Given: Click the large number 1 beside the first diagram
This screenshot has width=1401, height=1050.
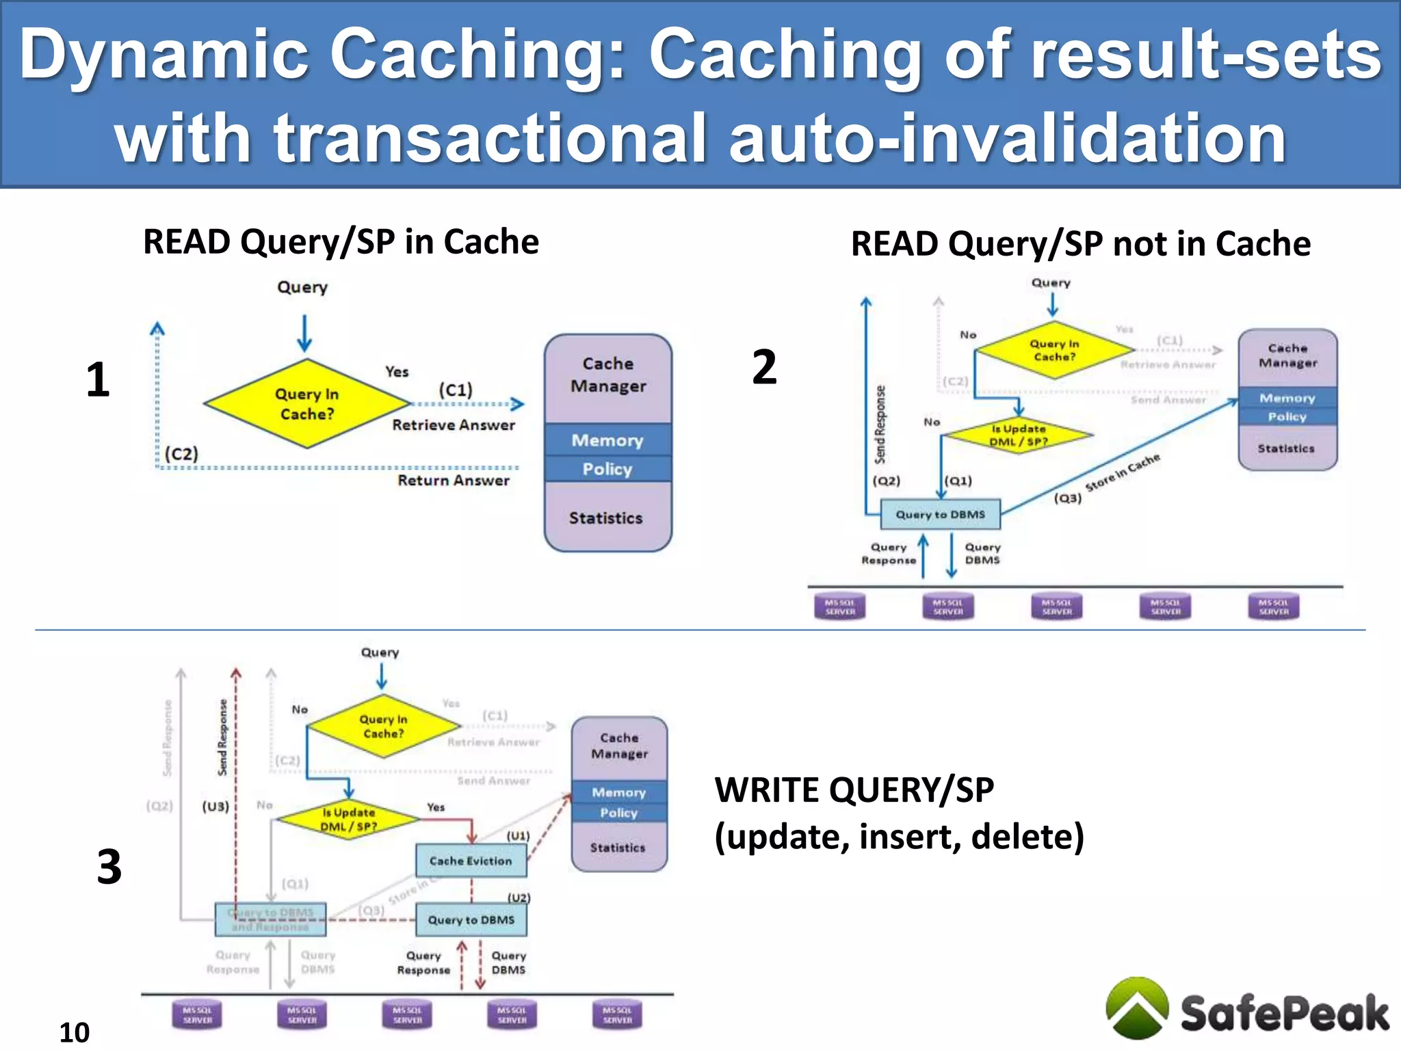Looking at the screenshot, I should tap(98, 380).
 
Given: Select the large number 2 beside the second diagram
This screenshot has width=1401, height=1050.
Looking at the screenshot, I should tap(764, 367).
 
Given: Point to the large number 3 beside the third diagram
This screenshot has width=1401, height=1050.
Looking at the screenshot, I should tap(109, 867).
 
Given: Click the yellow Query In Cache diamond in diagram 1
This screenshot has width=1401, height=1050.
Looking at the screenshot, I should tap(306, 404).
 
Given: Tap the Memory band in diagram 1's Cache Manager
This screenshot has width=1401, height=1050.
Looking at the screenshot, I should tap(607, 440).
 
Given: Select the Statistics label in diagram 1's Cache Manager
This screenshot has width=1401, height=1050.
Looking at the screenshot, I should tap(606, 518).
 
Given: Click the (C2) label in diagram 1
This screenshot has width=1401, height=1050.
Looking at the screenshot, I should tap(181, 454).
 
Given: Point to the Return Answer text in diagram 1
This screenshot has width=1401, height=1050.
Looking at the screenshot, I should tap(454, 481).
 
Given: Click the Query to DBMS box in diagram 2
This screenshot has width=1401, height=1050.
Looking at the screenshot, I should tap(940, 515).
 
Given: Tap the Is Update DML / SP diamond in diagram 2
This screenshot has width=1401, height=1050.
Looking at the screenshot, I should tap(1019, 435).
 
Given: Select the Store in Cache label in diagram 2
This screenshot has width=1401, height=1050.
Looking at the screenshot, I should tap(1123, 472).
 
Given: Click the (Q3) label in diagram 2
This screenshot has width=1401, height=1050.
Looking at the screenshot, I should tap(1067, 498).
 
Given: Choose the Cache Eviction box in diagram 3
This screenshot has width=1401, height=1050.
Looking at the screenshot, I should tap(471, 861).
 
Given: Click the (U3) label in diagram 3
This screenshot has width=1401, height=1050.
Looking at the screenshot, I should tap(215, 807).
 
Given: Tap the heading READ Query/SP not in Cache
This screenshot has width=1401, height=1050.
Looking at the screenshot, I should tap(1080, 244).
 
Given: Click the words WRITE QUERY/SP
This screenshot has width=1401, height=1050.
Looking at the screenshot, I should tap(854, 790).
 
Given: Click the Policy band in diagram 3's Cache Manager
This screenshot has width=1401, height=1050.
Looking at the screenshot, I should tap(618, 813).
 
